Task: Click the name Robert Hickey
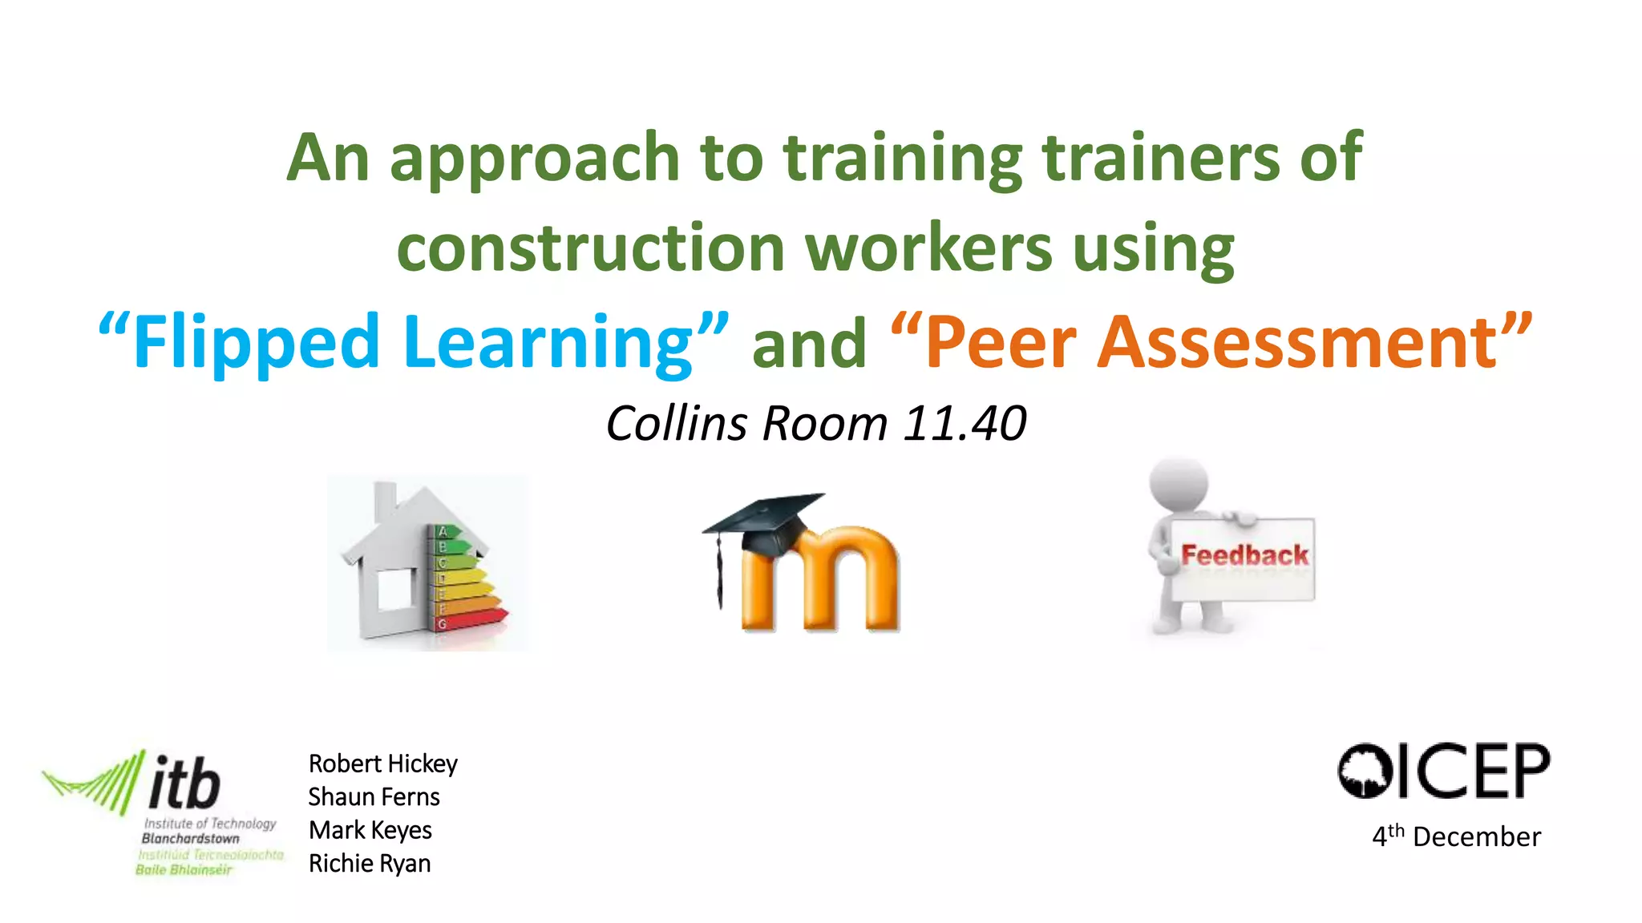382,764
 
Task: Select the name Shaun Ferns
374,797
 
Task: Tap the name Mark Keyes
370,830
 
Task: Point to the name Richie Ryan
370,864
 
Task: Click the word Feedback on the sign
1244,555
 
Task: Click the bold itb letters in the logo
184,783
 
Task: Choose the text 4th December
1456,836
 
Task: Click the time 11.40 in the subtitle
965,423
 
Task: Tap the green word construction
590,248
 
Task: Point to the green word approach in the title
535,159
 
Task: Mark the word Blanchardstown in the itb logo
191,839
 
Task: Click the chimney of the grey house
386,498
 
